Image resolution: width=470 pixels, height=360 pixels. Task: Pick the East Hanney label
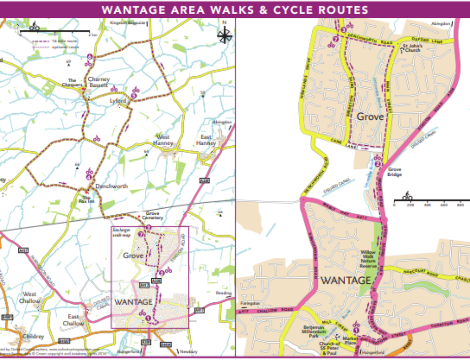pos(206,140)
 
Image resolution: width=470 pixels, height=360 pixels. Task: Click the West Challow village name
pos(30,297)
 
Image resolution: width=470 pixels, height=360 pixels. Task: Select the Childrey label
pos(33,337)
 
